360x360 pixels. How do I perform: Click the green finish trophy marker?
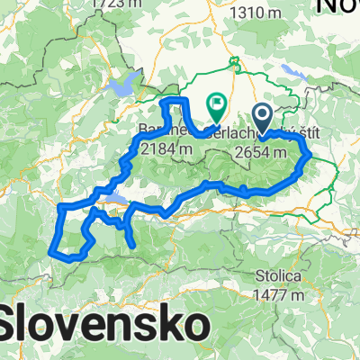click(x=217, y=108)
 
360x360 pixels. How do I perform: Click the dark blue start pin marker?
click(x=263, y=116)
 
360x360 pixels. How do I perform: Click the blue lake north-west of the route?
click(x=124, y=87)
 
